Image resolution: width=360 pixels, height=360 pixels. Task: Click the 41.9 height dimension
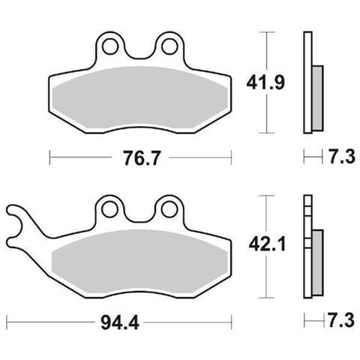pyautogui.click(x=265, y=82)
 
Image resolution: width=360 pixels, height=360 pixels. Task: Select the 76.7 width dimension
pyautogui.click(x=141, y=158)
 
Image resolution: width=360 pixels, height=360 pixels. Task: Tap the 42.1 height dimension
pyautogui.click(x=267, y=244)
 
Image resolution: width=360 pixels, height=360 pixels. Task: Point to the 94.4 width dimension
pyautogui.click(x=120, y=322)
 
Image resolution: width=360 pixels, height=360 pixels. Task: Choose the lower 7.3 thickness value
pyautogui.click(x=341, y=320)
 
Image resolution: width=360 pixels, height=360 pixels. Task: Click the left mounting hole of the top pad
pyautogui.click(x=110, y=46)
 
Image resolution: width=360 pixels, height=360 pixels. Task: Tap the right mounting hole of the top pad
pyautogui.click(x=169, y=46)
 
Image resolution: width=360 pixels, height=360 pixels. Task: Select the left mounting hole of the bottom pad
pyautogui.click(x=109, y=209)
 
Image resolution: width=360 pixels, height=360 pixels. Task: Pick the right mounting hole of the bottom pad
pyautogui.click(x=169, y=209)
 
